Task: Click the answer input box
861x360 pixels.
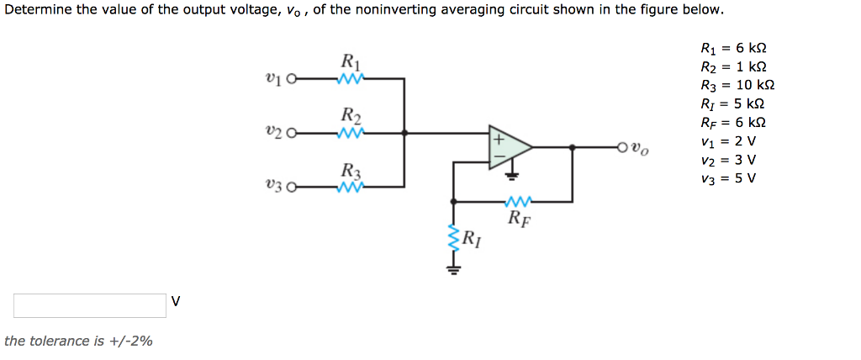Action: (x=90, y=305)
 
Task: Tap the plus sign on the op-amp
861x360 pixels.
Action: (x=497, y=137)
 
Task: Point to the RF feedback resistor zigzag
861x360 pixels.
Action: (x=518, y=202)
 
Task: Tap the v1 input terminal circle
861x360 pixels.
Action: (x=292, y=80)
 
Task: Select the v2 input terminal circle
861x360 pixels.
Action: (x=292, y=133)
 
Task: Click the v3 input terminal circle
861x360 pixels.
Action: (x=292, y=187)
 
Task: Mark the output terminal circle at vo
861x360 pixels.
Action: (x=623, y=147)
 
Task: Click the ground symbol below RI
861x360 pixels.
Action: (x=455, y=269)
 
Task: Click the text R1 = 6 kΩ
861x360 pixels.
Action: (x=733, y=49)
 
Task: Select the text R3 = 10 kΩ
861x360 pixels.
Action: (x=737, y=85)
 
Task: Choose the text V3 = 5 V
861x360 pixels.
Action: (x=728, y=177)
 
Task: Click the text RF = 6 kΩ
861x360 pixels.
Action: (x=733, y=122)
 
